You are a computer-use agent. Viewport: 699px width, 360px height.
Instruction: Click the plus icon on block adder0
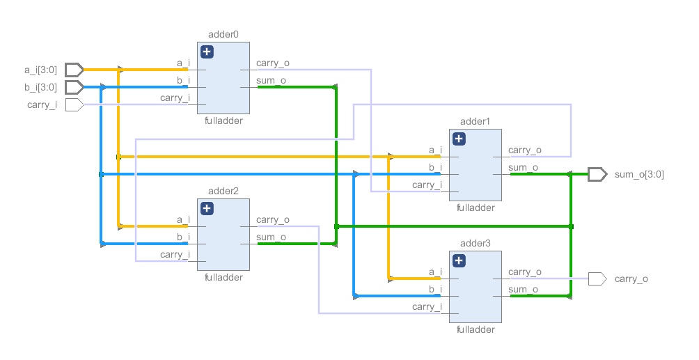[x=207, y=52]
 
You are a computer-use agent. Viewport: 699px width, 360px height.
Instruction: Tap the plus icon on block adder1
[x=459, y=139]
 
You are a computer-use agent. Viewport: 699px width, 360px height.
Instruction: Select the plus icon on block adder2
[x=207, y=209]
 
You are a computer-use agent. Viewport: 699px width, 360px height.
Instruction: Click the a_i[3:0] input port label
[x=41, y=70]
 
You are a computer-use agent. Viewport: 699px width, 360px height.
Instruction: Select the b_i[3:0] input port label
[x=41, y=87]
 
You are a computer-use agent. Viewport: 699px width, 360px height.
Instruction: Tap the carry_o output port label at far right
[x=631, y=279]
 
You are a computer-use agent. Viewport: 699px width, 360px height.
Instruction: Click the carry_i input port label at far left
[x=42, y=104]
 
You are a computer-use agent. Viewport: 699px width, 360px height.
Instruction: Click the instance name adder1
[x=476, y=122]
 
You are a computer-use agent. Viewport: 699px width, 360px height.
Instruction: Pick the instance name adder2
[x=223, y=191]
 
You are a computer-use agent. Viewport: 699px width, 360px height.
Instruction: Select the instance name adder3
[x=476, y=243]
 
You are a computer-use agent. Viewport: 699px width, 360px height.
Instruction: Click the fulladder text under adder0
[x=224, y=120]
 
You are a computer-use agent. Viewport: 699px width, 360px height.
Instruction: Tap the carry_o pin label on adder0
[x=273, y=63]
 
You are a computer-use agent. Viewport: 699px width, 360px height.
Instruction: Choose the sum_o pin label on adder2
[x=271, y=237]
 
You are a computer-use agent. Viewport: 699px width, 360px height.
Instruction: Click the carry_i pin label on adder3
[x=427, y=306]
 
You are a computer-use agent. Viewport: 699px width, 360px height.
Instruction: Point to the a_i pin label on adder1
[x=435, y=150]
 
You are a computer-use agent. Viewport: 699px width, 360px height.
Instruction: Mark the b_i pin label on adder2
[x=183, y=237]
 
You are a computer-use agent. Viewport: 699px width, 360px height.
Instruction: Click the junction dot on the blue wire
[x=102, y=174]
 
